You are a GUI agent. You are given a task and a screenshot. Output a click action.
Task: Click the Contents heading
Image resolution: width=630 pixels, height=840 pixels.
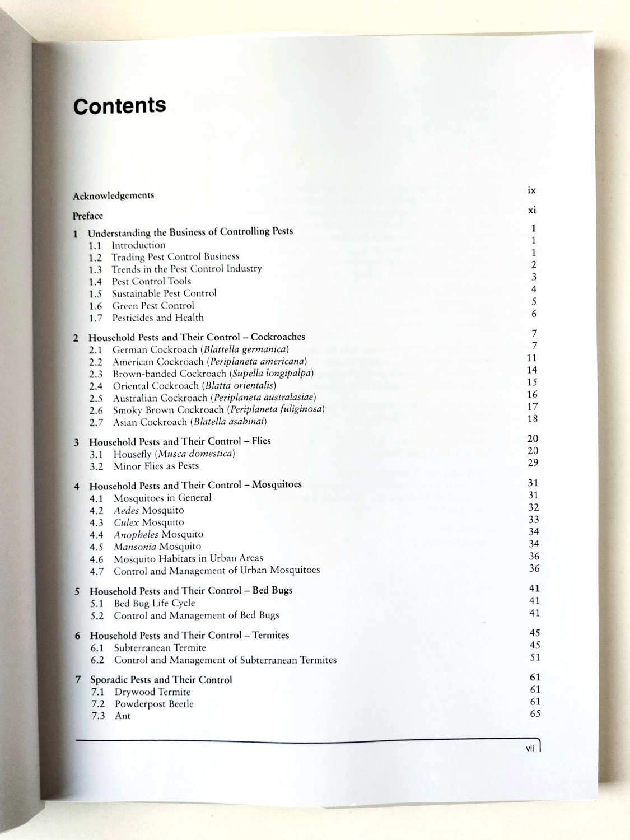(119, 106)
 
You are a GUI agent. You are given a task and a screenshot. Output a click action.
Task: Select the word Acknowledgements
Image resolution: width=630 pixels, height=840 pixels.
(113, 195)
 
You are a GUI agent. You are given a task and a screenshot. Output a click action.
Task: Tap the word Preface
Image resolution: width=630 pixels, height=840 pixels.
(88, 216)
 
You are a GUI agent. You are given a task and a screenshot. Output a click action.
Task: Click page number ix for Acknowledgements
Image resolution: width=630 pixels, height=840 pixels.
(531, 190)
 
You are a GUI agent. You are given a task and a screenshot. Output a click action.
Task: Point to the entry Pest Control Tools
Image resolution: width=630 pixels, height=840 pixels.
(151, 281)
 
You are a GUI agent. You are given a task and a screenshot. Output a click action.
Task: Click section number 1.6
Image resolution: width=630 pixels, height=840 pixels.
(95, 306)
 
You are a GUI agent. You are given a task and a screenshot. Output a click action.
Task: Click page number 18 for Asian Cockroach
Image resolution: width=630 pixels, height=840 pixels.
(532, 418)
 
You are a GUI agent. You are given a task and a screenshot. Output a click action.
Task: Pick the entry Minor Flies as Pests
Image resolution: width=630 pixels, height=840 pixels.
(156, 466)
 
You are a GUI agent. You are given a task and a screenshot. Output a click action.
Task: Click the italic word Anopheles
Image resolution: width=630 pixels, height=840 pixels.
(136, 534)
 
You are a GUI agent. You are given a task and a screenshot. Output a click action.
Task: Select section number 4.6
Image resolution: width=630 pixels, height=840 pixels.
(96, 559)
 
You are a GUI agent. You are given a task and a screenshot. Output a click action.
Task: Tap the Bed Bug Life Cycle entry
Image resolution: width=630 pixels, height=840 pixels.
(154, 603)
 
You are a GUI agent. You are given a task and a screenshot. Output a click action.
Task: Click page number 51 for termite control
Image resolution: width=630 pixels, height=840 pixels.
(535, 657)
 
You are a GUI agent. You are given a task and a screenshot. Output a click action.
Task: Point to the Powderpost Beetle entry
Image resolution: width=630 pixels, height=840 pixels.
(154, 704)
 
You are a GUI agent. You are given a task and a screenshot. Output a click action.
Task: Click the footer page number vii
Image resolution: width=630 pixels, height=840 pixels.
(530, 748)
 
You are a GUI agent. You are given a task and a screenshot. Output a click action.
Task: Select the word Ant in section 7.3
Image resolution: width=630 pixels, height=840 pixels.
(123, 716)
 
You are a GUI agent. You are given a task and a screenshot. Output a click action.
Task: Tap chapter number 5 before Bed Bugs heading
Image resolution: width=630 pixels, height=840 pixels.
(77, 591)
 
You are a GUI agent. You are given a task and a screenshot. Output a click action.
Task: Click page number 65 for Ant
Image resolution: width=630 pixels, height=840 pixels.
(535, 713)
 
